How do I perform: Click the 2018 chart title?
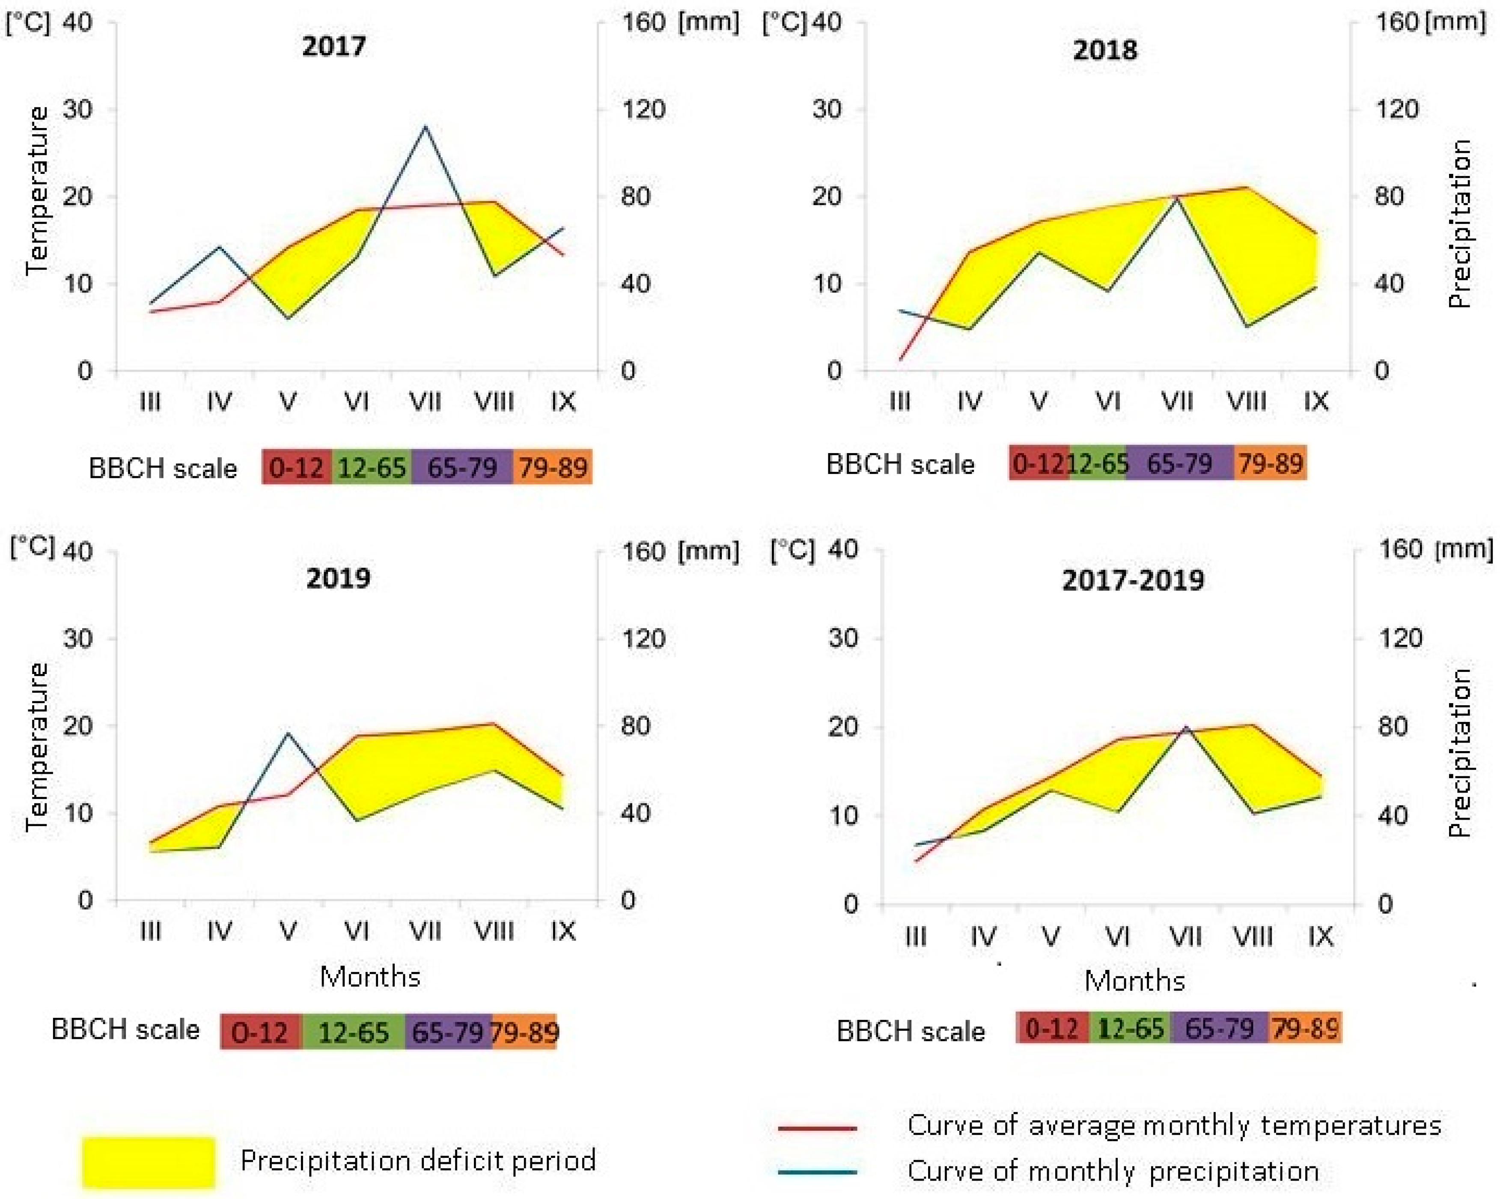1105,50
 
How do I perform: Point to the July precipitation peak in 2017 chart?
425,127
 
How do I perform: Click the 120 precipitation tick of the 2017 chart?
643,109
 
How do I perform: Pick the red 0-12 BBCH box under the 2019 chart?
260,1031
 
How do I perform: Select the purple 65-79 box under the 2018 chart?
1179,463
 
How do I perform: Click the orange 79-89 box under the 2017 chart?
553,467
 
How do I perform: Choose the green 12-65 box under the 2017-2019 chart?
1130,1028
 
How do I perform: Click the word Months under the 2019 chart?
370,977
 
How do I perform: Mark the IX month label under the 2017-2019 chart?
1320,937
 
